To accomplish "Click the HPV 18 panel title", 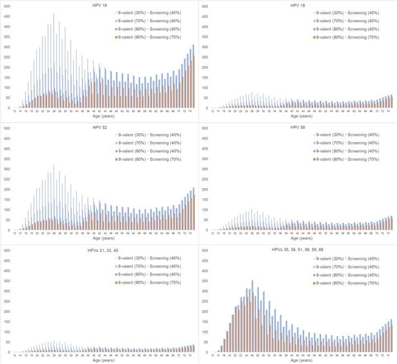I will point(298,6).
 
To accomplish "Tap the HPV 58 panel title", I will point(298,128).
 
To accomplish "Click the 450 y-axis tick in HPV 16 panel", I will point(6,17).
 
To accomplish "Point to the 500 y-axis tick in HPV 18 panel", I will point(204,7).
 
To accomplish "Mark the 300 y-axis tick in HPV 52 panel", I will point(6,169).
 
